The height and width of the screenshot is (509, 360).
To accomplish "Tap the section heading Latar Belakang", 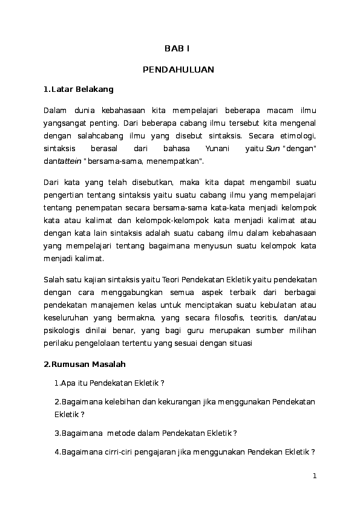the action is pyautogui.click(x=82, y=89).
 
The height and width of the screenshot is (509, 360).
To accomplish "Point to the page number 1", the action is pyautogui.click(x=315, y=476).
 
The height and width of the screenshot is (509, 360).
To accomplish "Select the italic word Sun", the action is pyautogui.click(x=272, y=149).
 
